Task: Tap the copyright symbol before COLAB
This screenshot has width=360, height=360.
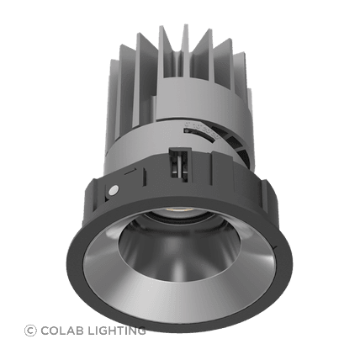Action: tap(31, 331)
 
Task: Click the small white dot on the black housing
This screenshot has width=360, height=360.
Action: tap(112, 191)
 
